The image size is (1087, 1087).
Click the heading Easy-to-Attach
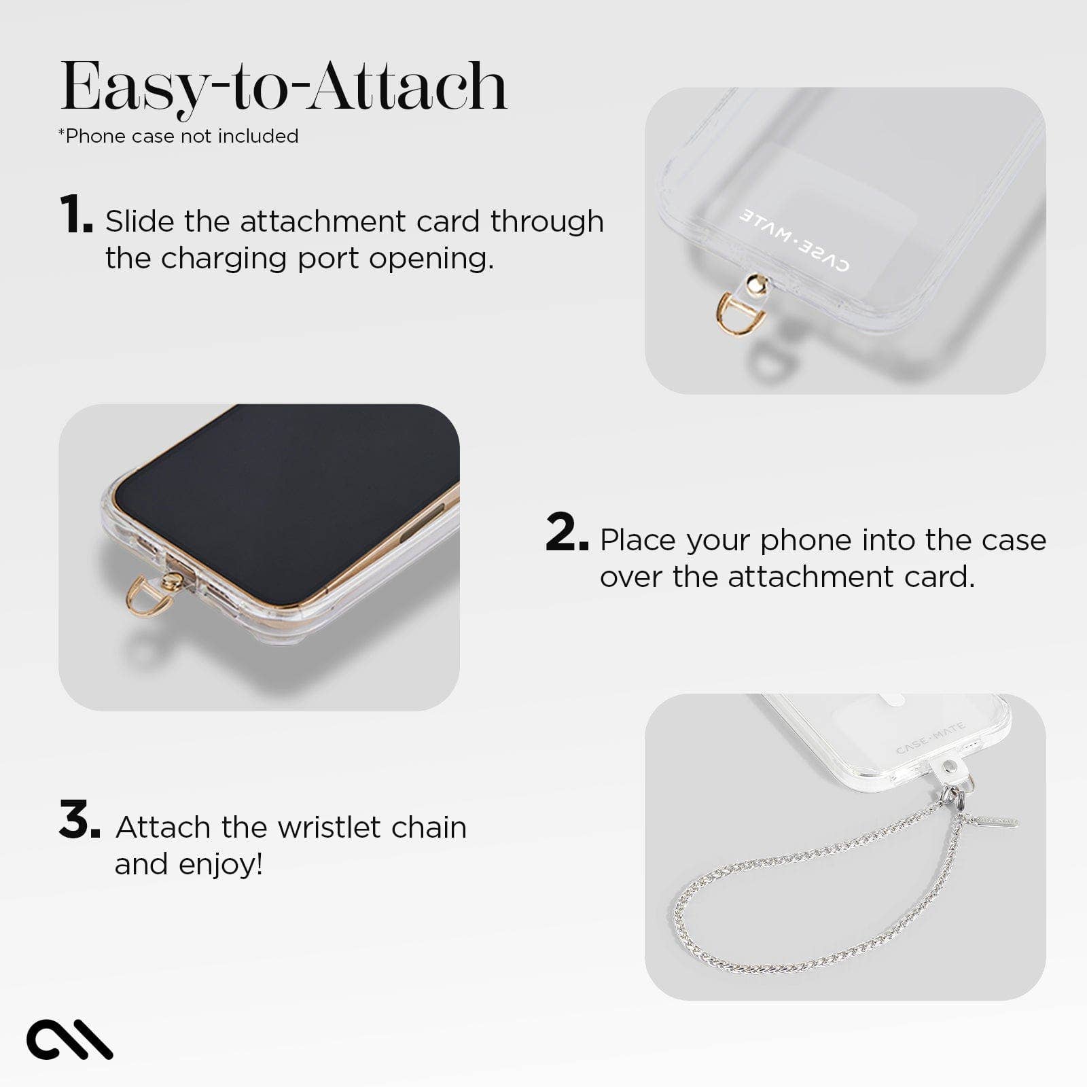coord(284,87)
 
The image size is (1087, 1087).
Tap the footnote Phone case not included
coord(179,136)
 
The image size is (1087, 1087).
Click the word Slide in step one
coord(139,221)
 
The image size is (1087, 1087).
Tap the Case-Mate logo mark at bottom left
coord(69,1039)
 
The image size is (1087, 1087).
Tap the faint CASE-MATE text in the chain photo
coord(930,739)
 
